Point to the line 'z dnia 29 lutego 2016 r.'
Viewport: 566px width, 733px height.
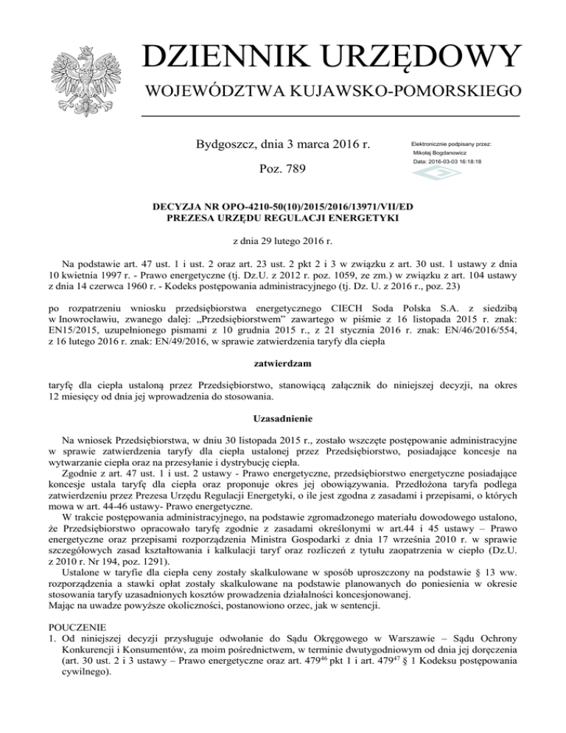[283, 241]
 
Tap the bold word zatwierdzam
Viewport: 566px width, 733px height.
[283, 363]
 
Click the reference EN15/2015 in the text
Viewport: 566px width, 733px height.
[74, 331]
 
